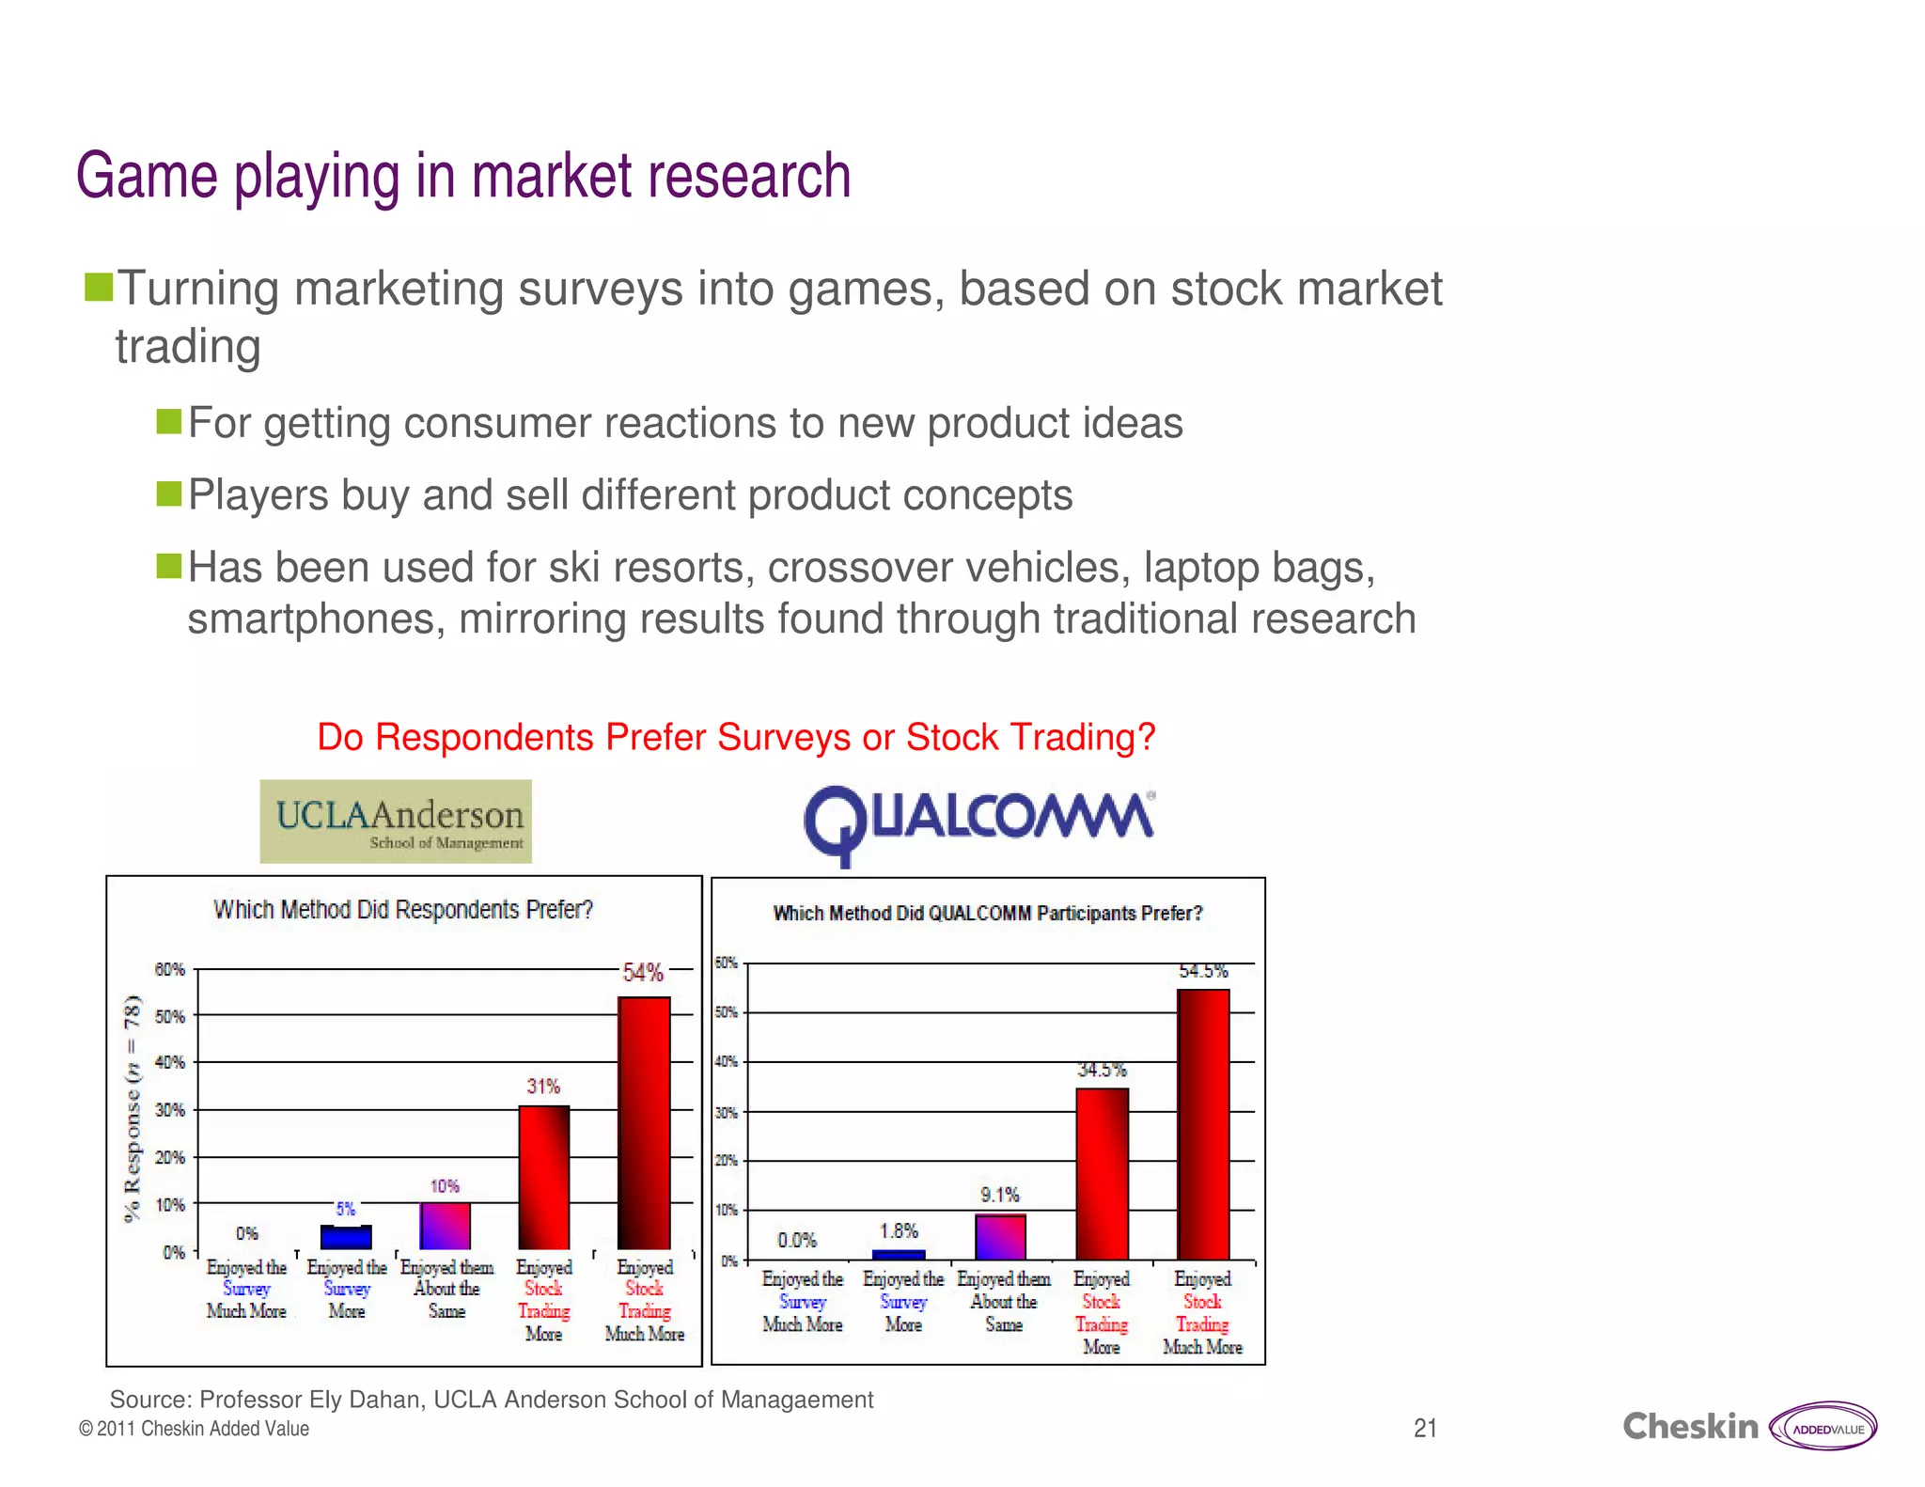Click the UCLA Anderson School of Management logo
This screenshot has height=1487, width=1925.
[x=396, y=821]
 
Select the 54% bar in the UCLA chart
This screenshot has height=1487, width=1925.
[x=644, y=1123]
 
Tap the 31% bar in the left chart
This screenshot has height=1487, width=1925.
[x=544, y=1178]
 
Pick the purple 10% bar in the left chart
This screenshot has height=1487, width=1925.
[x=445, y=1226]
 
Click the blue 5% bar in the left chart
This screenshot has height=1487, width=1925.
[x=346, y=1237]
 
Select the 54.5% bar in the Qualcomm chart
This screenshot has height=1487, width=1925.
[x=1202, y=1123]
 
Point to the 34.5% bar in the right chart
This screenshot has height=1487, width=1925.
[x=1102, y=1174]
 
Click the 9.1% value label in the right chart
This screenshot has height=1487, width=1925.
[x=1000, y=1195]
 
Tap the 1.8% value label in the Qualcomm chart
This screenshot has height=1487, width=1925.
[x=899, y=1230]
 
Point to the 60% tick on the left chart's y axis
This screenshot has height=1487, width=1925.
[x=169, y=969]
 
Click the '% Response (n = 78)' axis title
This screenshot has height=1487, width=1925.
[x=133, y=1108]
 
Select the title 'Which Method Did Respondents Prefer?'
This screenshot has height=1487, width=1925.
[x=403, y=910]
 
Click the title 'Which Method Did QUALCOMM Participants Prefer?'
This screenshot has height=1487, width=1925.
[x=987, y=914]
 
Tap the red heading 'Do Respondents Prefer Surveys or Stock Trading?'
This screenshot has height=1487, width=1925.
[x=736, y=737]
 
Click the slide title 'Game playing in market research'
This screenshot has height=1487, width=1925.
[x=463, y=176]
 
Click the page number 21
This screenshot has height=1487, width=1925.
[x=1425, y=1429]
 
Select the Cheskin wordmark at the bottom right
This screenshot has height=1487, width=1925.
[x=1689, y=1427]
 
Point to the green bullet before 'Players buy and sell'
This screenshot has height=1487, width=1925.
[x=169, y=493]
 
